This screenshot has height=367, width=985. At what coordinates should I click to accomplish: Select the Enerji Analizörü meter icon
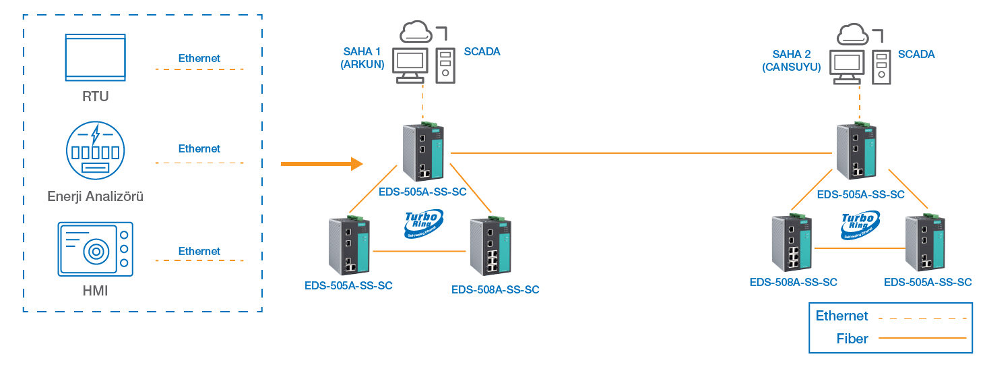click(95, 150)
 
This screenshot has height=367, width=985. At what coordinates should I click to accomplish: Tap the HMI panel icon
click(95, 249)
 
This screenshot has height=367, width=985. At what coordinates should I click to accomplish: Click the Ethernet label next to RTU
click(199, 58)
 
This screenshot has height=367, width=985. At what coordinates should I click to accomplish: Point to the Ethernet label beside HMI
click(199, 251)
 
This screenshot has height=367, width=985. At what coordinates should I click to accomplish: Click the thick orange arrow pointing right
click(321, 163)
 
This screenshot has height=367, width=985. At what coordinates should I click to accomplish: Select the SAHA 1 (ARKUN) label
click(362, 58)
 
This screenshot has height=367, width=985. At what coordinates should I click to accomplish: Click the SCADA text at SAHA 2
click(916, 54)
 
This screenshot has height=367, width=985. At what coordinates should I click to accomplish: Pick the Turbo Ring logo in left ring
click(423, 224)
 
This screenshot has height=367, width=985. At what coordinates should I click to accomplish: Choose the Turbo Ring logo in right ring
click(860, 225)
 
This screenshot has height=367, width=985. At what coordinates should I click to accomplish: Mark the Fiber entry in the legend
click(852, 339)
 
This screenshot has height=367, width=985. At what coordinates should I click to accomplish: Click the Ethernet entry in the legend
click(841, 316)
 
